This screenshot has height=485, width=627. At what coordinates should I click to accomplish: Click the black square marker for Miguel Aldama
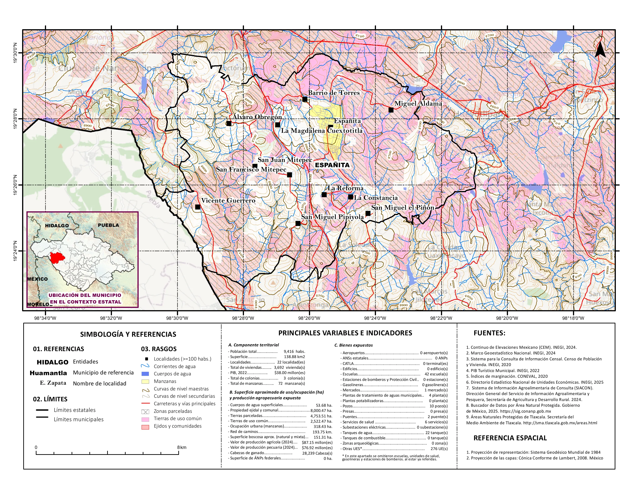(391, 110)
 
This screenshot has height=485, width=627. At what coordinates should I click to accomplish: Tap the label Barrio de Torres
(334, 93)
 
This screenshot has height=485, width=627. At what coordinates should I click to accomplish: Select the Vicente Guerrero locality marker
(197, 207)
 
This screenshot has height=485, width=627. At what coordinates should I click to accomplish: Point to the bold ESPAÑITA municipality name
(332, 165)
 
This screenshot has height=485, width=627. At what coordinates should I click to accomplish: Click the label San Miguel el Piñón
(402, 207)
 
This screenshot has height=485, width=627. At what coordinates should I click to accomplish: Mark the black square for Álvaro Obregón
(229, 123)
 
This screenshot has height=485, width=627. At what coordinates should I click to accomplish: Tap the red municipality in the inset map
(57, 258)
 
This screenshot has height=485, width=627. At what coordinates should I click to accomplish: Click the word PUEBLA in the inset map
(108, 225)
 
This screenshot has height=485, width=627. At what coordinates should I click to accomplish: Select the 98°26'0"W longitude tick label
(309, 318)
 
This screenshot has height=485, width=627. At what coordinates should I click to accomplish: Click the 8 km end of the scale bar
(179, 453)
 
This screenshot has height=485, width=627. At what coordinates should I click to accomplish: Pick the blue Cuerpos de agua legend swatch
(145, 374)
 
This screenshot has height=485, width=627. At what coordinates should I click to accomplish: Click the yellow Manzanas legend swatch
(145, 381)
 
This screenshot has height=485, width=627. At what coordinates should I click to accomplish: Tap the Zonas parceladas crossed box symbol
(145, 412)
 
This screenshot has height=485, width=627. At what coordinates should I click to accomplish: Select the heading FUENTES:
(489, 333)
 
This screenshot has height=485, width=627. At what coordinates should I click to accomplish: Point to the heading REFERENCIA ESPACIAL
(510, 438)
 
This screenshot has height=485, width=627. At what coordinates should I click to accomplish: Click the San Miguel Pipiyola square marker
(298, 223)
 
